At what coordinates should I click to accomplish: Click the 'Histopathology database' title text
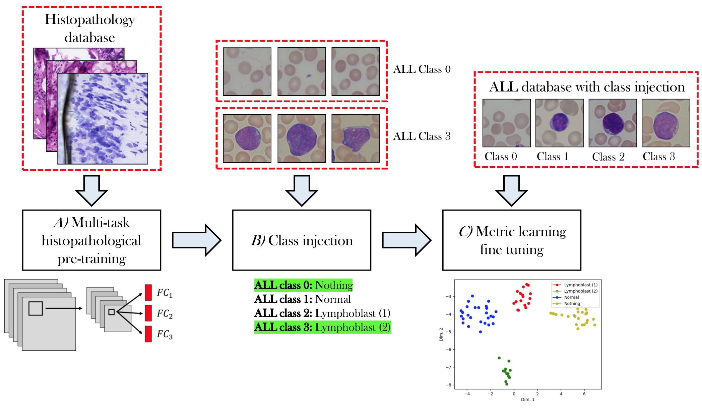[x=90, y=28]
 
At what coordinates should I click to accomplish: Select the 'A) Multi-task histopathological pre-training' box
[x=91, y=240]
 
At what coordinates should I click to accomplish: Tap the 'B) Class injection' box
[x=302, y=240]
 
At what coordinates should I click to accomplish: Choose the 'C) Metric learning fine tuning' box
[x=512, y=240]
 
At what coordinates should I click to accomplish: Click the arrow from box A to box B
[x=197, y=240]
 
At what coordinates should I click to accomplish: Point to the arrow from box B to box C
[x=407, y=240]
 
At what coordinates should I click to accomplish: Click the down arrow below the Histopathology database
[x=91, y=190]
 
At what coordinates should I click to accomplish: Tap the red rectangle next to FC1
[x=148, y=292]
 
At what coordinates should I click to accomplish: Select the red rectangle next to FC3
[x=148, y=334]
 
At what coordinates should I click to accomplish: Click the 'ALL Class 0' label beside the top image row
[x=422, y=69]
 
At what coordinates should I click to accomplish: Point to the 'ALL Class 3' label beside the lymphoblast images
[x=422, y=136]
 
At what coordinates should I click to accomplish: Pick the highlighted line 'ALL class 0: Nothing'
[x=303, y=285]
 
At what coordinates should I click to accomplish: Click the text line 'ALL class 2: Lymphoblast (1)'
[x=322, y=313]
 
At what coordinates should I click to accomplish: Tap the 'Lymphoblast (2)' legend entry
[x=575, y=291]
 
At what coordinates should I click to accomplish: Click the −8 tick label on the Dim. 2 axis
[x=448, y=385]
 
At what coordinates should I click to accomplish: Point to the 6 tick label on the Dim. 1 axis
[x=584, y=394]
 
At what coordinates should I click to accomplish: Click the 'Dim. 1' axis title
[x=528, y=399]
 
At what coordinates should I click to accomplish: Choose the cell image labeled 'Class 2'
[x=613, y=123]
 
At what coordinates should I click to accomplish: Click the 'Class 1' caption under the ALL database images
[x=553, y=157]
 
